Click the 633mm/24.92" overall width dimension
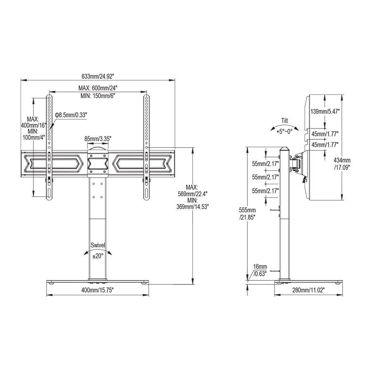tap(97, 76)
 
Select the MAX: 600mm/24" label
tap(97, 88)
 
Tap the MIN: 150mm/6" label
tap(97, 96)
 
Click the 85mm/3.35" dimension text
tap(98, 138)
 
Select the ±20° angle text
tap(98, 256)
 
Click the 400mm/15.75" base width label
tap(97, 290)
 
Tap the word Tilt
tap(284, 121)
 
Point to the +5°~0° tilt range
tap(285, 131)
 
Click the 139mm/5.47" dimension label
tap(325, 111)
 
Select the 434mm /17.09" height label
tap(342, 164)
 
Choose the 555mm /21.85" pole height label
tap(247, 213)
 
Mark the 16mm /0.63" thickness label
tap(260, 270)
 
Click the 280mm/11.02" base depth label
tap(308, 290)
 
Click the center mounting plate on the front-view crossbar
tap(98, 163)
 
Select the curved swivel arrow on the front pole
tap(98, 251)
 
